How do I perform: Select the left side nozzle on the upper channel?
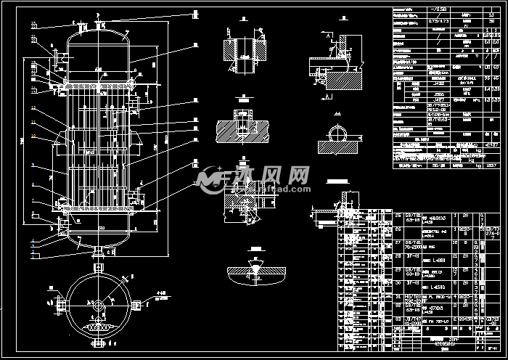pyautogui.click(x=54, y=57)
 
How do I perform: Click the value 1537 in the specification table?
pyautogui.click(x=491, y=165)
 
